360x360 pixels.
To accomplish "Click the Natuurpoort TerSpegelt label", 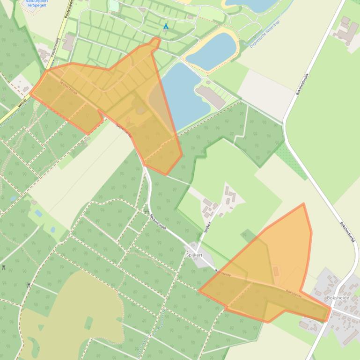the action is [x=37, y=3].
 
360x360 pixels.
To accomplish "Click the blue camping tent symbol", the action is [x=166, y=27].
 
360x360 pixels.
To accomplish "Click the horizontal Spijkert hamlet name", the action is [x=194, y=255].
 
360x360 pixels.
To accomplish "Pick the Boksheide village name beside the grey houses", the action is [x=338, y=298].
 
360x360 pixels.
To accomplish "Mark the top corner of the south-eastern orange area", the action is [x=303, y=204].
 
